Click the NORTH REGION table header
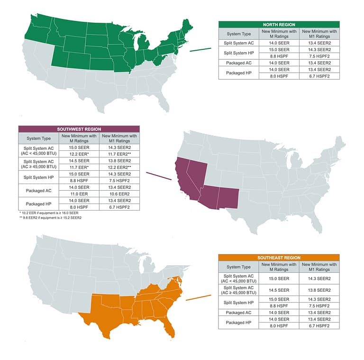(x=279, y=24)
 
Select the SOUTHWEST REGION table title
(x=79, y=129)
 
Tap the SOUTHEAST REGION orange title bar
(x=279, y=258)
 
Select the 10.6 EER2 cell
(x=120, y=194)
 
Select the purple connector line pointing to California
(x=159, y=175)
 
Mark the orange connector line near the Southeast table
(x=198, y=297)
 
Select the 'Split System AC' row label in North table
(x=238, y=43)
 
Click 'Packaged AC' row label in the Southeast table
(x=238, y=313)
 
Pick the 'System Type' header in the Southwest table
(x=39, y=138)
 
